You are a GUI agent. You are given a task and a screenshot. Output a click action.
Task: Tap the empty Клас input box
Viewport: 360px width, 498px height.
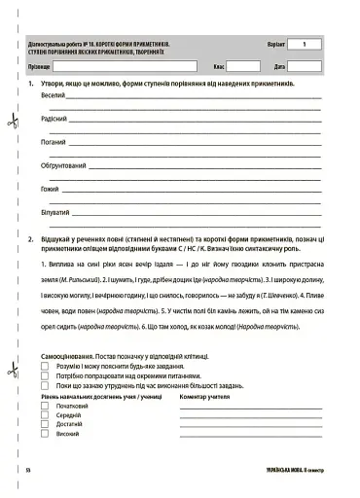(243, 66)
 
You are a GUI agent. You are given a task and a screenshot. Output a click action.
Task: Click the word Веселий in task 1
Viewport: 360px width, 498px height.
(54, 98)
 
